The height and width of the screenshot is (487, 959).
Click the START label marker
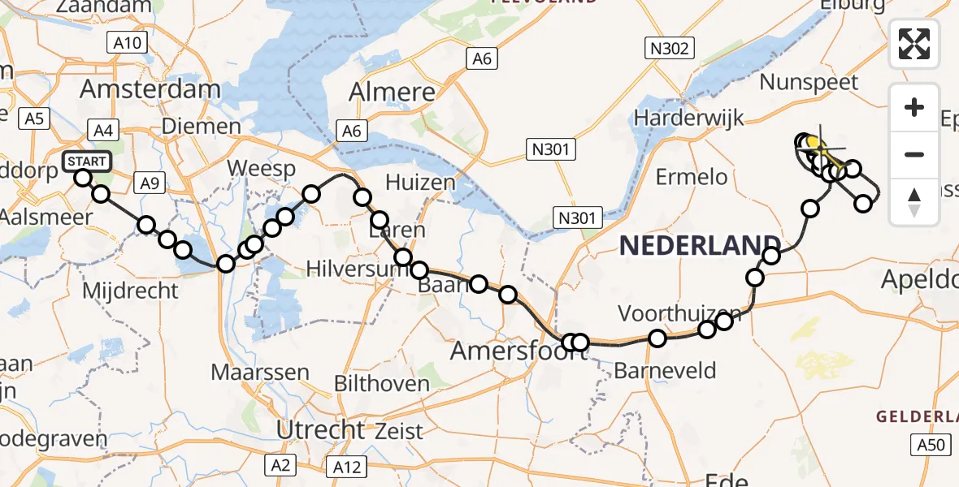click(x=87, y=161)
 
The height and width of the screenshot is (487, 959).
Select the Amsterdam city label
click(x=151, y=89)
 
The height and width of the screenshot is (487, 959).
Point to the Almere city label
click(x=393, y=93)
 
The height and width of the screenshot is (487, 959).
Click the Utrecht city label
click(x=321, y=429)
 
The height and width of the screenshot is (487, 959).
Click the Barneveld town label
click(x=666, y=371)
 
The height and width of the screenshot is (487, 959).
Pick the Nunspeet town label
click(x=808, y=83)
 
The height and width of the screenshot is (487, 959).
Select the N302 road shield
click(x=670, y=49)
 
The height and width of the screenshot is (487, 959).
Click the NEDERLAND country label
click(x=700, y=245)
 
